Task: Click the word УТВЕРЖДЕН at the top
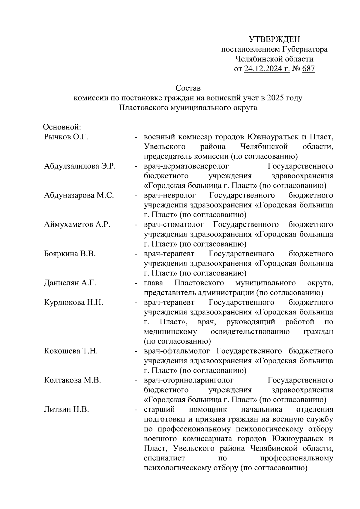[x=274, y=39]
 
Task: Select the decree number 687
[x=309, y=69]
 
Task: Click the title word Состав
[x=188, y=88]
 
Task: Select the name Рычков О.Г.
[x=66, y=137]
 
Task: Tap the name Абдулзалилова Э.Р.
[x=80, y=166]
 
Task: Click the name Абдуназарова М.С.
[x=79, y=195]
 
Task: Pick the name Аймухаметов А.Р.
[x=77, y=225]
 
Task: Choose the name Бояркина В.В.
[x=70, y=254]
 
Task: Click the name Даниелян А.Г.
[x=70, y=283]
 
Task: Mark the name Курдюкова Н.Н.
[x=73, y=302]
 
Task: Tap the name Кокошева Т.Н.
[x=71, y=351]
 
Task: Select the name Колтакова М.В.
[x=72, y=380]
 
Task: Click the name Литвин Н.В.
[x=66, y=409]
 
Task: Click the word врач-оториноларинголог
[x=189, y=380]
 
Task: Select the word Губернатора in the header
[x=305, y=49]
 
